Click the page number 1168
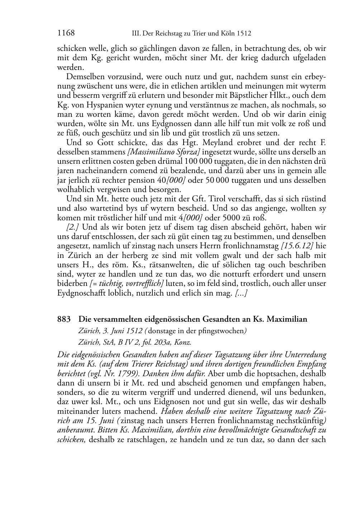coord(66,33)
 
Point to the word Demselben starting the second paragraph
coord(85,77)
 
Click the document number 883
coord(63,319)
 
